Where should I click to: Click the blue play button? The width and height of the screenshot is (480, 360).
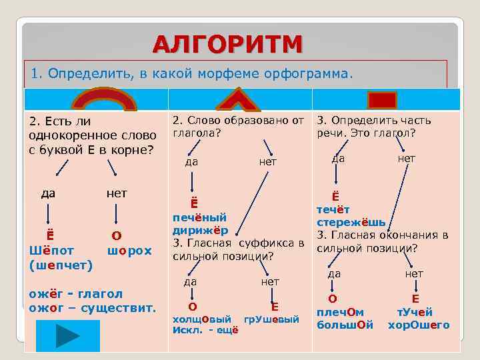[x=68, y=335]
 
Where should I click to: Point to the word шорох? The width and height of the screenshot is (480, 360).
[x=129, y=251]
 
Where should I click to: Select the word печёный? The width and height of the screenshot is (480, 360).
[x=199, y=217]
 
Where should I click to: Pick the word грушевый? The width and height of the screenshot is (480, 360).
[x=271, y=319]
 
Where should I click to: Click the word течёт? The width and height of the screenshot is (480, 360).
[x=334, y=209]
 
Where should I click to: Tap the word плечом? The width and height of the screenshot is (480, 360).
[x=340, y=312]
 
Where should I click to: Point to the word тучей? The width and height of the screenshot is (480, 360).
[x=415, y=312]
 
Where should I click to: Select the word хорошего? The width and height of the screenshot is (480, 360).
[x=419, y=325]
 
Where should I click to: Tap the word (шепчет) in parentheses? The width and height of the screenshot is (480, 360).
[x=61, y=264]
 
